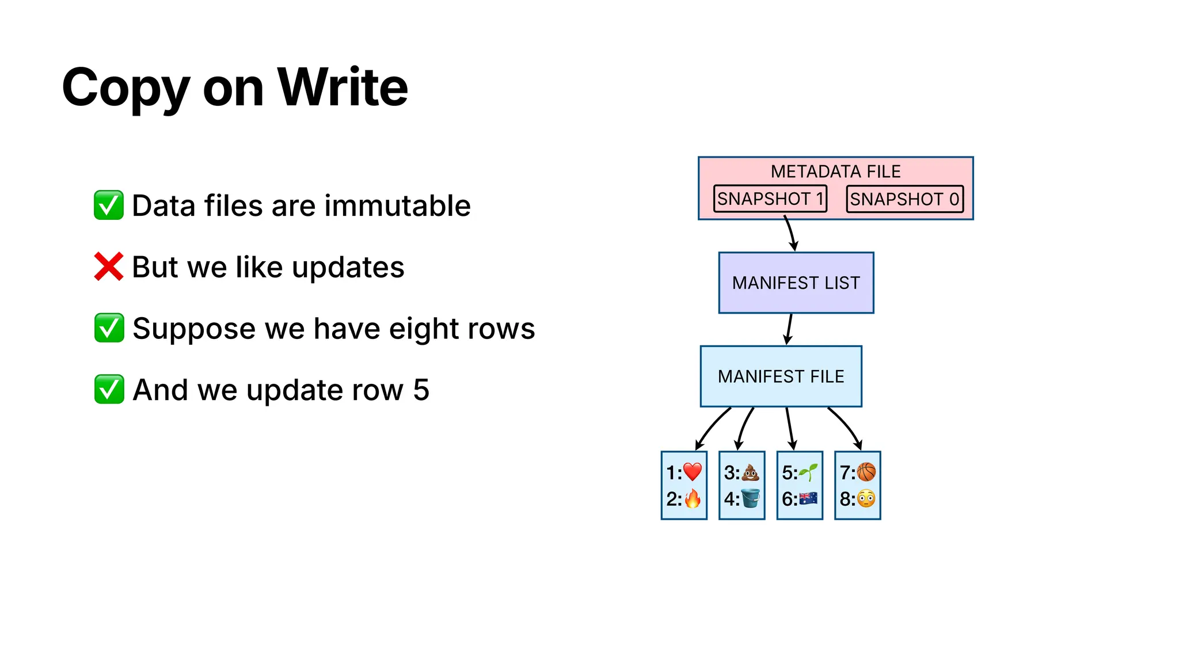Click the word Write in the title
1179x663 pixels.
pyautogui.click(x=343, y=87)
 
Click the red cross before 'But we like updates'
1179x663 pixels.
pyautogui.click(x=108, y=266)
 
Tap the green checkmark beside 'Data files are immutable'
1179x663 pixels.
pyautogui.click(x=108, y=205)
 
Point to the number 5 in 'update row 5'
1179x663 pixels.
pyautogui.click(x=421, y=390)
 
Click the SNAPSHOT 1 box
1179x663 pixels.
pyautogui.click(x=770, y=199)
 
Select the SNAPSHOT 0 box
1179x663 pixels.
pyautogui.click(x=904, y=199)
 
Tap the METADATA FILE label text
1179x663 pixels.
pyautogui.click(x=835, y=172)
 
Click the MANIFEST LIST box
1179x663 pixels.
pyautogui.click(x=796, y=283)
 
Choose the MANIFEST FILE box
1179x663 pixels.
pyautogui.click(x=781, y=376)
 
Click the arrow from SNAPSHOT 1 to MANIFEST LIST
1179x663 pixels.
pyautogui.click(x=790, y=233)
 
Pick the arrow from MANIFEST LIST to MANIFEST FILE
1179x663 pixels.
pyautogui.click(x=789, y=329)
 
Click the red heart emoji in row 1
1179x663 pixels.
pyautogui.click(x=693, y=472)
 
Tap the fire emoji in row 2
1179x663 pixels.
pyautogui.click(x=693, y=498)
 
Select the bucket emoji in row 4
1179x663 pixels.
pyautogui.click(x=750, y=498)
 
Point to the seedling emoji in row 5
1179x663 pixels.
pyautogui.click(x=808, y=472)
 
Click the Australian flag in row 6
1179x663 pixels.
pyautogui.click(x=808, y=498)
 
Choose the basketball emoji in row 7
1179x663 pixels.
pyautogui.click(x=866, y=472)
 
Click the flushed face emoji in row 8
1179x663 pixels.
pyautogui.click(x=866, y=498)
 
